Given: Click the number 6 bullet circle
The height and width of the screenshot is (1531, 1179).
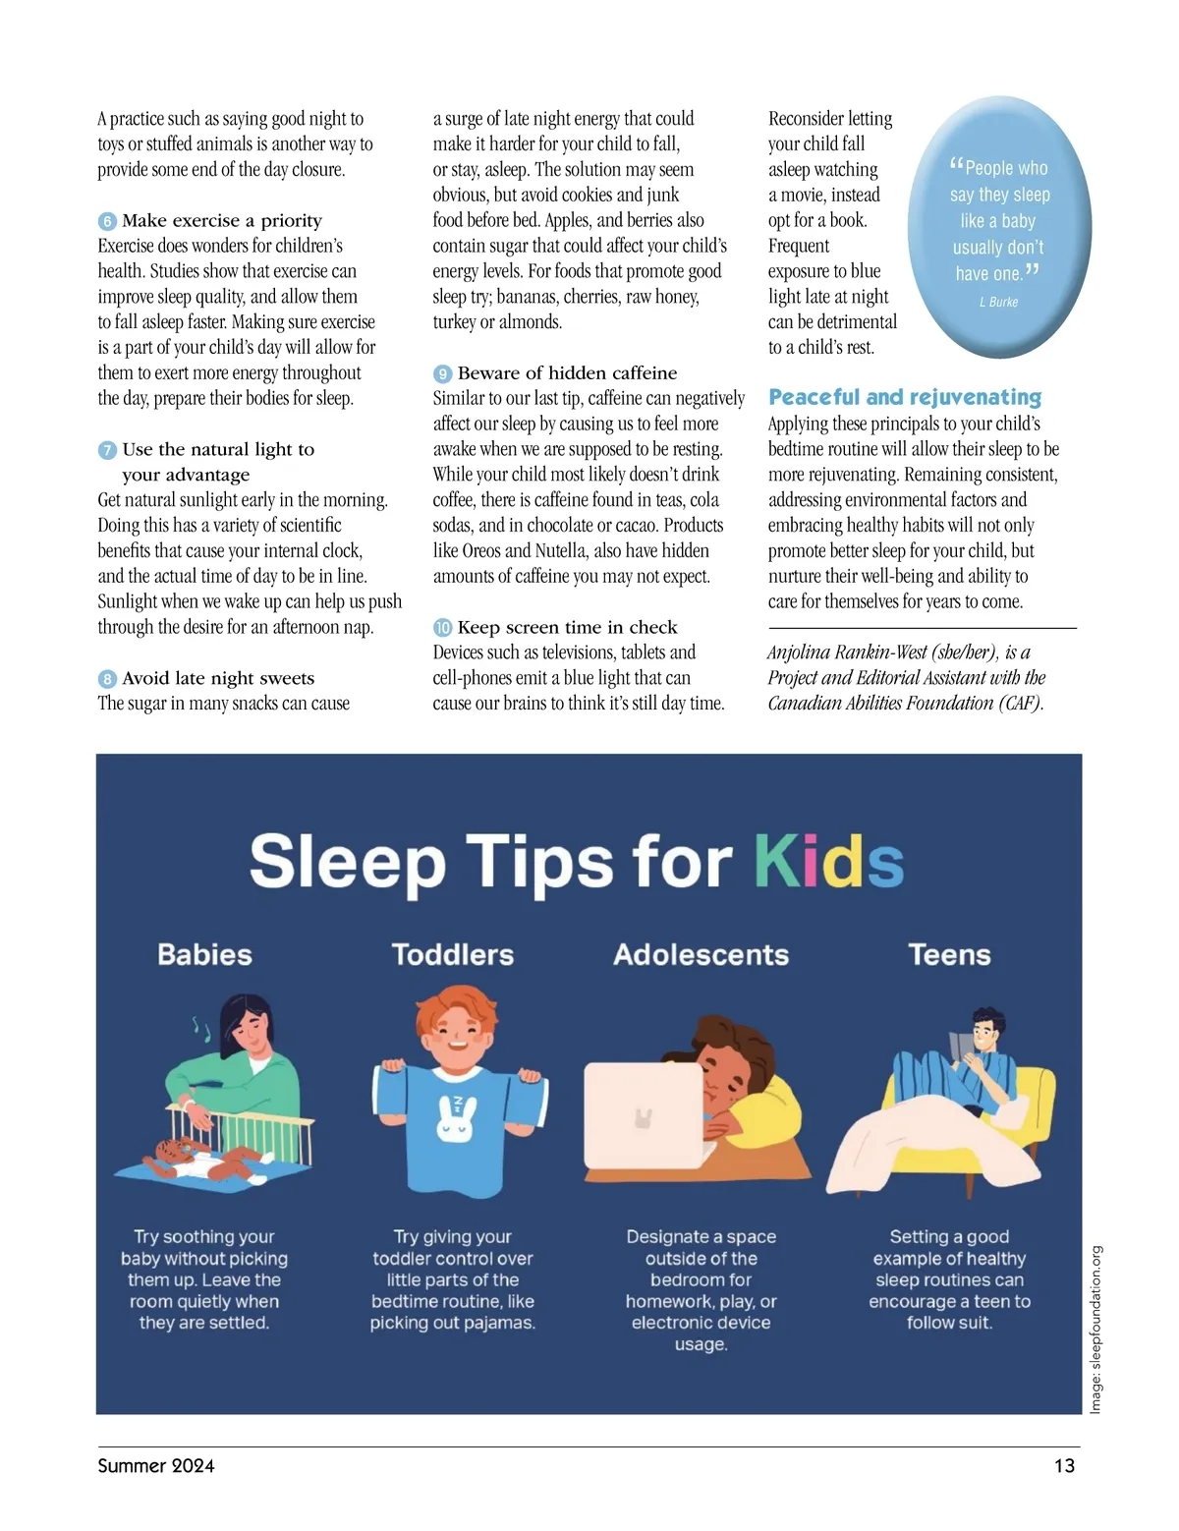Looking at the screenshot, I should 107,221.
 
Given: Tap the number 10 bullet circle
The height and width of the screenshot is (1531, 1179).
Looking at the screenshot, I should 443,628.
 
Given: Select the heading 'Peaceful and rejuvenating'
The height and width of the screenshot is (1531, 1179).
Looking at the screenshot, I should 904,397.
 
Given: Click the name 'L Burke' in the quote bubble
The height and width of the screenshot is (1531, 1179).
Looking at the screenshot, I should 998,302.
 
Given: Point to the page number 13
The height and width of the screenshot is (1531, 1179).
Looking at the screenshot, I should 1064,1465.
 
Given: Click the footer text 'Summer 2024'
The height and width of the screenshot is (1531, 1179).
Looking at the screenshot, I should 156,1465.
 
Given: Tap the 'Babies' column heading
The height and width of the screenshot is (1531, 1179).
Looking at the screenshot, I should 204,954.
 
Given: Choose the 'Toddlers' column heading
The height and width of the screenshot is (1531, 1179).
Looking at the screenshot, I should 452,954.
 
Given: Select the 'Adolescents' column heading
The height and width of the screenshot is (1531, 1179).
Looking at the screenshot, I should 701,954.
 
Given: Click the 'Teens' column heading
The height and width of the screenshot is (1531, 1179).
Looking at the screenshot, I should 949,954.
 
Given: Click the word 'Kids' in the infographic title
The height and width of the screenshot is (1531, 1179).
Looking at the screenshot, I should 828,862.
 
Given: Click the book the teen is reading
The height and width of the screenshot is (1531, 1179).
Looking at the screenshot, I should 960,1045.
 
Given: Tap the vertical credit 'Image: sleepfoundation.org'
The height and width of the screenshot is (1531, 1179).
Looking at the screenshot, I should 1095,1330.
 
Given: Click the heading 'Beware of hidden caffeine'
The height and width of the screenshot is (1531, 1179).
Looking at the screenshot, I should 567,373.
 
